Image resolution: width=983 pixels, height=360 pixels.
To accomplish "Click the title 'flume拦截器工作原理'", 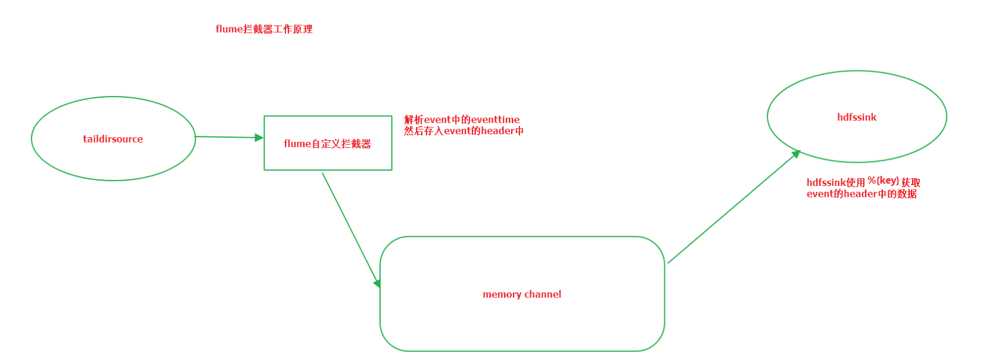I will click(x=264, y=29).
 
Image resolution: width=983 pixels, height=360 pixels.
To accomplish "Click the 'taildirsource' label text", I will click(x=113, y=139).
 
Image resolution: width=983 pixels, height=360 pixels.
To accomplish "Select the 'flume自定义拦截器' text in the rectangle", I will click(x=327, y=144).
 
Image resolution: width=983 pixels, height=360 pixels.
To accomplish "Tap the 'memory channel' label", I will click(x=522, y=294).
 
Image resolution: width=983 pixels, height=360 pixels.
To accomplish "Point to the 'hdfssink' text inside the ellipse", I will click(x=857, y=117).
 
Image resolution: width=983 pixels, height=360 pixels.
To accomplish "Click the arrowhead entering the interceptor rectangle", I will click(x=259, y=138).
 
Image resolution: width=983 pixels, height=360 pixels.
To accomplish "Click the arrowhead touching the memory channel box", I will click(x=377, y=283).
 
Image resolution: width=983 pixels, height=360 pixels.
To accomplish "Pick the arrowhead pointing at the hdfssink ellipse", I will click(x=795, y=154).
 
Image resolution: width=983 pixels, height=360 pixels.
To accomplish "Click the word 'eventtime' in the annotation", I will click(x=495, y=120).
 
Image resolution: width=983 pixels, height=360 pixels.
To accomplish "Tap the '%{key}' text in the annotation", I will click(x=883, y=180).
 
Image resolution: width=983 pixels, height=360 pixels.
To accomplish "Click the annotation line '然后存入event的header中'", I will click(x=463, y=131).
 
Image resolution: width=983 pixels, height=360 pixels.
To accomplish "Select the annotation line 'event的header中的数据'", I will click(x=861, y=194).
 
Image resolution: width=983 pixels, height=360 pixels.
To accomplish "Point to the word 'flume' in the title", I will click(x=229, y=29).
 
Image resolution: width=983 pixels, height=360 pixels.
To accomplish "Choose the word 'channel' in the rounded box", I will click(x=543, y=294).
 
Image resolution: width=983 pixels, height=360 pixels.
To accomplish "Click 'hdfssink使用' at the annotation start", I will click(x=835, y=182).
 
